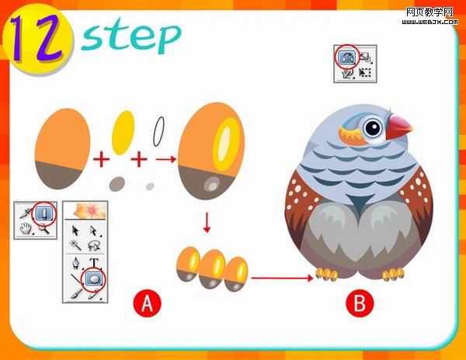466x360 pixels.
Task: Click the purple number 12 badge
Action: point(37,39)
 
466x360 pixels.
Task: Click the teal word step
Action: point(130,36)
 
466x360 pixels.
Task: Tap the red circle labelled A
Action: point(147,303)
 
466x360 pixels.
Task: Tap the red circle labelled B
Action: point(360,303)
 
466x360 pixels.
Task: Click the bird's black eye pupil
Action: point(373,128)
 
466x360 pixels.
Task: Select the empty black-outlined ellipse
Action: point(158,131)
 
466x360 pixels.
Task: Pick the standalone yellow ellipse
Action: point(123,133)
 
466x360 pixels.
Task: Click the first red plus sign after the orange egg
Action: point(101,159)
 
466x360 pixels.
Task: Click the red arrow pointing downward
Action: point(207,222)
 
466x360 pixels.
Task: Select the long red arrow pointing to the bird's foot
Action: point(282,278)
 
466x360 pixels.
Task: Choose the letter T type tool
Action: point(94,263)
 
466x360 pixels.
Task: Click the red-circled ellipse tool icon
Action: point(95,279)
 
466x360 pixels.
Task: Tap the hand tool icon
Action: point(26,229)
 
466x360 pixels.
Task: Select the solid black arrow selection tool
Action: point(75,230)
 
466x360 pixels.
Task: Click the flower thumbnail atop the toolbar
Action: point(85,210)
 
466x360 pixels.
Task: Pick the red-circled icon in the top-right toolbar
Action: point(346,57)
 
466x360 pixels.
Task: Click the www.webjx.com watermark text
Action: point(429,22)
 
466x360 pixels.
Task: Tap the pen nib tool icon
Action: point(76,263)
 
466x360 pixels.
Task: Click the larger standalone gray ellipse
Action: point(116,184)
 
